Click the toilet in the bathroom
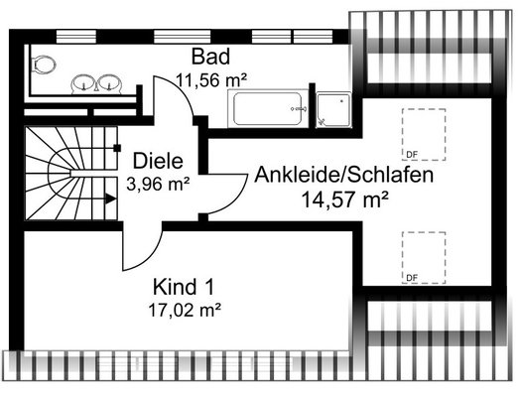click(44, 65)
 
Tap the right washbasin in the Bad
click(109, 83)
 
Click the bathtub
click(267, 108)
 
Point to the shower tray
click(333, 109)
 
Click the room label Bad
click(210, 57)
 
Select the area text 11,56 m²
click(211, 80)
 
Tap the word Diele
click(158, 161)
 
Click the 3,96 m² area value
click(158, 184)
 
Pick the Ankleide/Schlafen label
click(344, 175)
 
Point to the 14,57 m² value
click(344, 199)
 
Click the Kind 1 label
click(184, 287)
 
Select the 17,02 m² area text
click(185, 311)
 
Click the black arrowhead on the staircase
click(111, 199)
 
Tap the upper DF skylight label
click(412, 154)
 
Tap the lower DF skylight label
click(412, 278)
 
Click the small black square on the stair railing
click(117, 148)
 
